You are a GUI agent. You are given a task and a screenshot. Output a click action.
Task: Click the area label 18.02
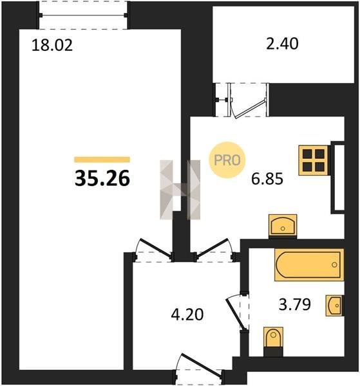click(52, 46)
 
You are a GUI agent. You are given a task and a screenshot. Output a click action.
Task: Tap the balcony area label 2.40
click(282, 44)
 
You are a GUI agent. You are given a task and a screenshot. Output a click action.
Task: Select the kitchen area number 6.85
click(267, 178)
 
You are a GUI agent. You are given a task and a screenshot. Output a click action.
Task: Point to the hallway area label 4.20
click(187, 315)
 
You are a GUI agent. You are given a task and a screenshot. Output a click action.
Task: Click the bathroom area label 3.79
click(295, 304)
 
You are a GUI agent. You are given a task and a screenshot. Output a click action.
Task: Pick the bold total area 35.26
click(102, 178)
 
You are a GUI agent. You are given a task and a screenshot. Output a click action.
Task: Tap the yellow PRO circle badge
click(227, 160)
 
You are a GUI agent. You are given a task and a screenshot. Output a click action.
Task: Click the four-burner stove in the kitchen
click(314, 160)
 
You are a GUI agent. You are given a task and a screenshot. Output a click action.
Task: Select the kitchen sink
click(283, 225)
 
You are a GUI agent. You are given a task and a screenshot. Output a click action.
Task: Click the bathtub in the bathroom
click(309, 264)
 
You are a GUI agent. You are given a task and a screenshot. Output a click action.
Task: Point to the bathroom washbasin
click(334, 305)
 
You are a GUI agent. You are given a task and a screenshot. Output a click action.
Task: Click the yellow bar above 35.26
click(102, 160)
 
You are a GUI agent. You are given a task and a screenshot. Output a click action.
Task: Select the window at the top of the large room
click(83, 15)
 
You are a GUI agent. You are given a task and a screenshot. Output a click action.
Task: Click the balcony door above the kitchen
click(249, 108)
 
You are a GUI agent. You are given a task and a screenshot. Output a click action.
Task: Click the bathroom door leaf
click(236, 315)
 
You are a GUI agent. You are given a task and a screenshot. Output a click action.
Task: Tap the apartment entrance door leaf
click(200, 365)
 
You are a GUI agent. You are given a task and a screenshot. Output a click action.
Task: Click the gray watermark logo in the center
click(180, 190)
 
